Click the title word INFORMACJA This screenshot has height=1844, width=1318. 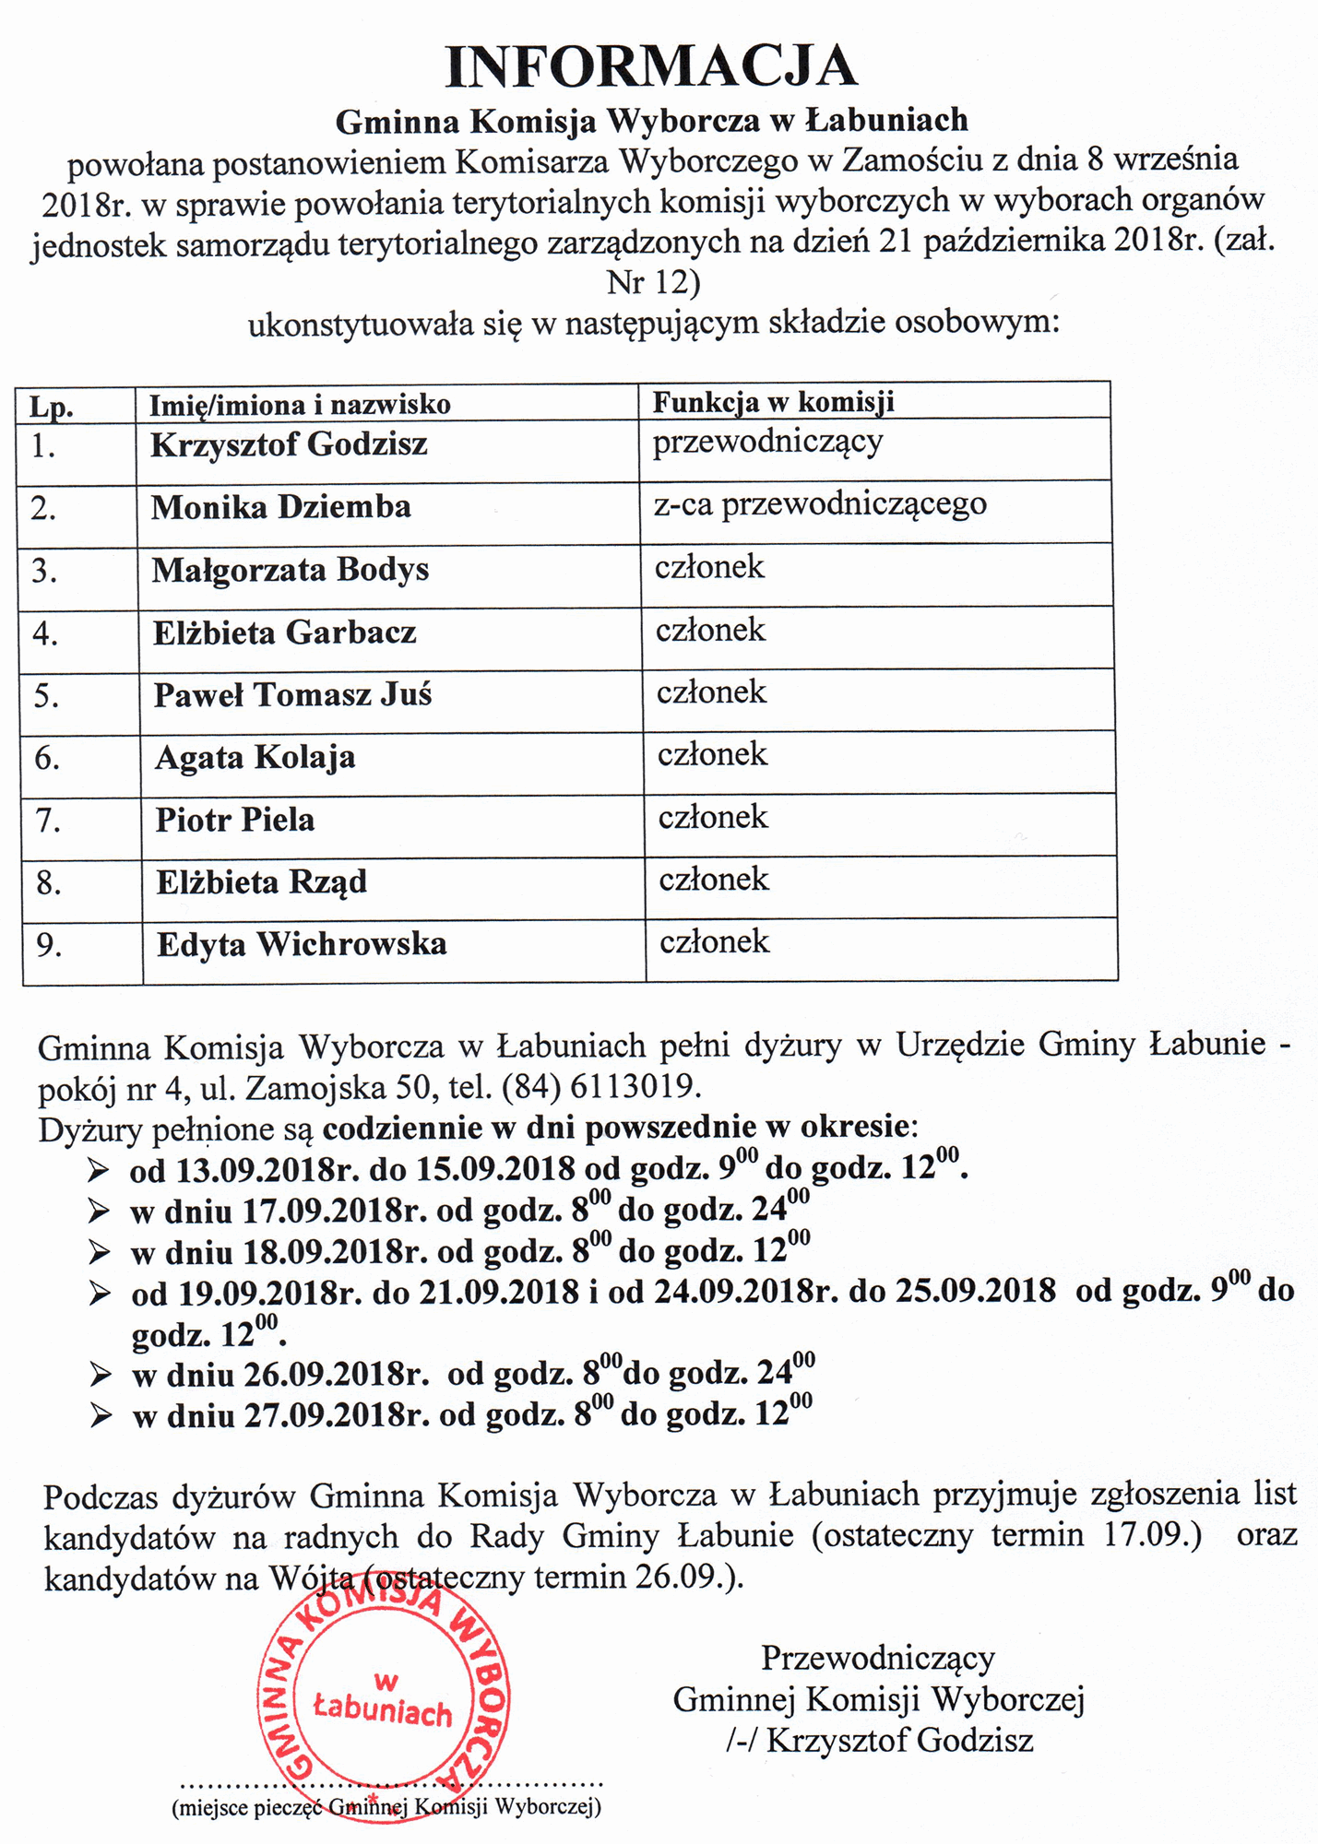651,66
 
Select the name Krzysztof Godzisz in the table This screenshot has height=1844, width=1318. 289,444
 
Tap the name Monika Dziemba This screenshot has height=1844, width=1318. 280,507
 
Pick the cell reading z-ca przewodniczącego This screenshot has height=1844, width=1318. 820,504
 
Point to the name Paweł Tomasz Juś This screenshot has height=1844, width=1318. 292,694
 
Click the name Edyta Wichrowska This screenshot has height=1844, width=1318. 302,944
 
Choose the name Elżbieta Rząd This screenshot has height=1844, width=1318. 261,882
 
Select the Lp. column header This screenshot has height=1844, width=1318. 52,407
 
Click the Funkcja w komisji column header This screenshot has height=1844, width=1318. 774,402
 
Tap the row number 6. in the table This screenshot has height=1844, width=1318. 47,758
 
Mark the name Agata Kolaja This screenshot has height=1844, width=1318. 255,757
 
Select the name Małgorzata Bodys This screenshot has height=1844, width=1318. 291,570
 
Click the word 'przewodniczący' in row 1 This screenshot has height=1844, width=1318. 767,442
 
